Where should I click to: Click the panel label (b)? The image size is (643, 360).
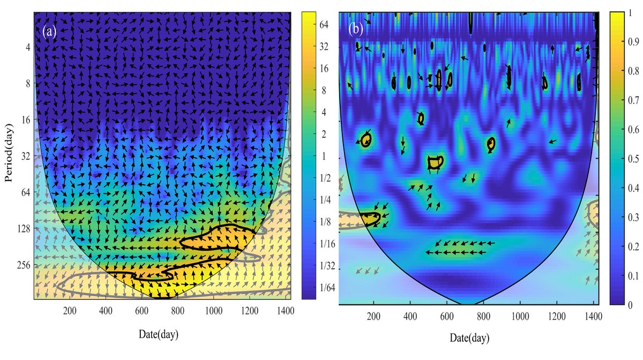(356, 29)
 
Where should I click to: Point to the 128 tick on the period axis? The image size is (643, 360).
(21, 229)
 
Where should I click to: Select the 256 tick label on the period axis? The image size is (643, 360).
(21, 265)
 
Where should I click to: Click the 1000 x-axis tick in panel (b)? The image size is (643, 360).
(520, 316)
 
